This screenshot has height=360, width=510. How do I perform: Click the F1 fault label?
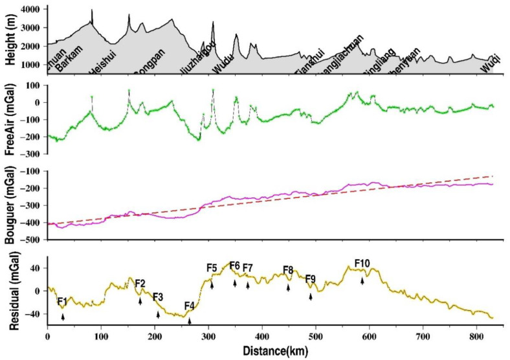(61, 301)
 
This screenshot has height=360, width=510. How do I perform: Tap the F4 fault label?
(190, 306)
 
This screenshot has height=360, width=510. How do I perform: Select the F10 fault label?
(362, 263)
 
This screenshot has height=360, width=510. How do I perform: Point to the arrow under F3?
(158, 314)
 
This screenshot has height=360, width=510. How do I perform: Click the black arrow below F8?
(288, 287)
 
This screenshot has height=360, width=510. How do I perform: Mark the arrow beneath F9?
(311, 297)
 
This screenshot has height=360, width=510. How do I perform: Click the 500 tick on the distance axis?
(315, 338)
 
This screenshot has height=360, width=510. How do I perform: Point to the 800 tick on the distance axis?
(476, 338)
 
